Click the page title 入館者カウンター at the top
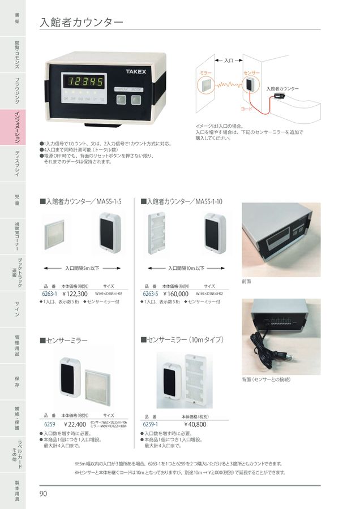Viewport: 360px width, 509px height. click(82, 23)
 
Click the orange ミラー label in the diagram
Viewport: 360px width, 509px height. click(207, 74)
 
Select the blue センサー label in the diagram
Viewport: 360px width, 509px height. click(251, 74)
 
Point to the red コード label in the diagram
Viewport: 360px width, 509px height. click(247, 108)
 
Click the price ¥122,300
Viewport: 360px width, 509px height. click(75, 294)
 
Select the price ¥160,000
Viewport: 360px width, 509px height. click(175, 294)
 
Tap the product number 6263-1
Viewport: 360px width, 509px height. click(50, 294)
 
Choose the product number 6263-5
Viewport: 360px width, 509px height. click(151, 294)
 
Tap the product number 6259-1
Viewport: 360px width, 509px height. click(151, 424)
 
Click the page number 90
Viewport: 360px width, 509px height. click(44, 494)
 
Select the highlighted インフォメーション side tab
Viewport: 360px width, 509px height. click(18, 129)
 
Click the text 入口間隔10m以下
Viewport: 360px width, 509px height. click(186, 268)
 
